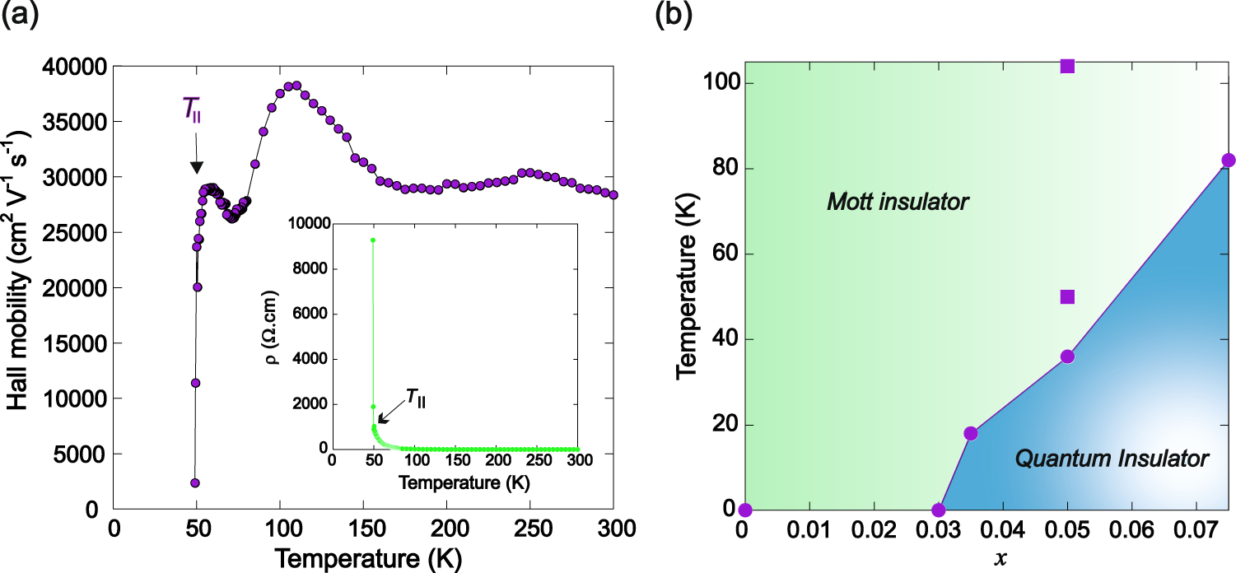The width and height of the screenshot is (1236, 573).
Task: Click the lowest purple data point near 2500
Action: (195, 483)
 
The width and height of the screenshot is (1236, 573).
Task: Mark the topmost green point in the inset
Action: (373, 240)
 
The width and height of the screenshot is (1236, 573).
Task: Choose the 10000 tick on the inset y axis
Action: (306, 224)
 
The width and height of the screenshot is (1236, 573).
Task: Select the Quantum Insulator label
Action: (1112, 458)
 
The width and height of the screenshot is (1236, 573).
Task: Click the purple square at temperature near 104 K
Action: (1067, 66)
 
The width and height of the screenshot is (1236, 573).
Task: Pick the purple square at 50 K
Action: (1067, 296)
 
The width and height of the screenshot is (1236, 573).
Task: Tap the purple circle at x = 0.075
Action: (1229, 161)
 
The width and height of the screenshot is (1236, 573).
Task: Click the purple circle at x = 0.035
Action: (970, 433)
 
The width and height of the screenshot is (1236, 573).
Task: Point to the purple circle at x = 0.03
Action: (938, 510)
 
